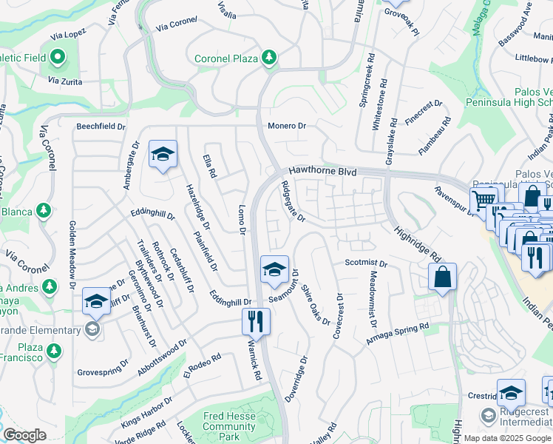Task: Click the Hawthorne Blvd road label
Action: pyautogui.click(x=322, y=171)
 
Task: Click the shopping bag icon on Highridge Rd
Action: pyautogui.click(x=441, y=277)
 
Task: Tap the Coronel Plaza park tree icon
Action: pyautogui.click(x=269, y=58)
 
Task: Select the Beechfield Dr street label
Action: pyautogui.click(x=101, y=127)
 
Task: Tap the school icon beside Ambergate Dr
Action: pyautogui.click(x=163, y=154)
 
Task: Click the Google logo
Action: pyautogui.click(x=24, y=435)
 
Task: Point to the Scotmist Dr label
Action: pyautogui.click(x=366, y=263)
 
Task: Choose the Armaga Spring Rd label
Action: pyautogui.click(x=398, y=334)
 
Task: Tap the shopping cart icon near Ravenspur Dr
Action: pyautogui.click(x=484, y=200)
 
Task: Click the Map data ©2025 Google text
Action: pyautogui.click(x=507, y=438)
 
